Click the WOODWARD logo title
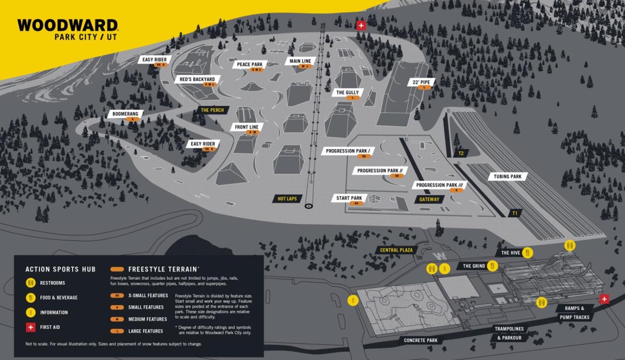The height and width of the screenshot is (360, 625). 67,25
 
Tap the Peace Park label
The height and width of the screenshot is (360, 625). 249,64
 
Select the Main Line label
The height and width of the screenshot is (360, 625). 300,61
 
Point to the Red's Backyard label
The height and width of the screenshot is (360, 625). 197,79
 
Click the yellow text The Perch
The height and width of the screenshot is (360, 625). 212,110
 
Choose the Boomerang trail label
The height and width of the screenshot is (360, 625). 125,114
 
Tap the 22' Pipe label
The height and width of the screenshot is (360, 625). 421,82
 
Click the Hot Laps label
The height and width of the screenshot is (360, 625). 287,199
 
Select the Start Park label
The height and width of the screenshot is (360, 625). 349,198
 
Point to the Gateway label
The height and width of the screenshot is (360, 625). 429,199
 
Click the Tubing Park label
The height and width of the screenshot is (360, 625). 507,177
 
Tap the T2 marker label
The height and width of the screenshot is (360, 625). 461,153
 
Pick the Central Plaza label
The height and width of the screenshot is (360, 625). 396,250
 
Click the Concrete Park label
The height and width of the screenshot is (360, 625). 421,340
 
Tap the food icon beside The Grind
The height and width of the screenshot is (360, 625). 492,266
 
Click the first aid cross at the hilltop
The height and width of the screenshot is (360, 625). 361,25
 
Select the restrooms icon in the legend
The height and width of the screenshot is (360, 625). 30,283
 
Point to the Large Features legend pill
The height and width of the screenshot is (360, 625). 117,331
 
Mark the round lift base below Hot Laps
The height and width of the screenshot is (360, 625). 308,206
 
